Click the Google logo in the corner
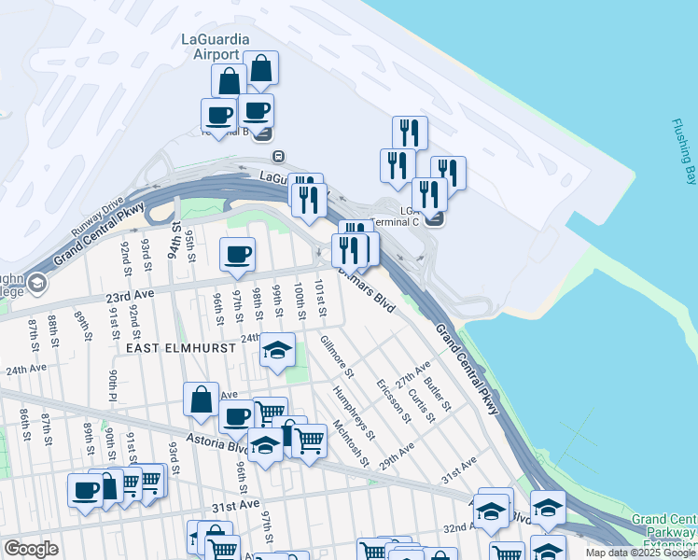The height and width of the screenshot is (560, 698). click(31, 549)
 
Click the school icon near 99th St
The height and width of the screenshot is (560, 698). click(277, 351)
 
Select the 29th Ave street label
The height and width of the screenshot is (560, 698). click(396, 457)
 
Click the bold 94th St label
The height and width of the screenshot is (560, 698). click(174, 240)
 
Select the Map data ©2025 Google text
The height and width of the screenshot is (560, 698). click(640, 553)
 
